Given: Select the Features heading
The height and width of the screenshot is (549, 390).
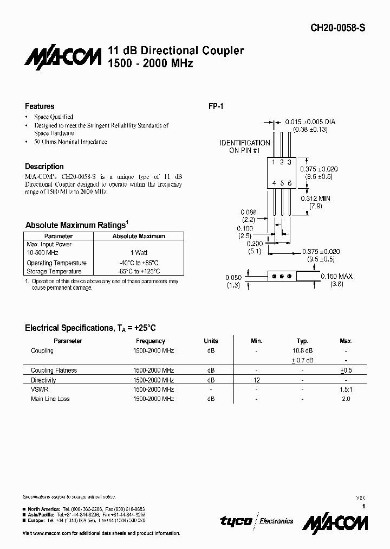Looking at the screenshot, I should [40, 106].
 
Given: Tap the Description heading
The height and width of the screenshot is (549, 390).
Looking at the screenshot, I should [44, 167].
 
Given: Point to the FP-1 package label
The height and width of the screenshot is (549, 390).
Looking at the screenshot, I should [216, 106].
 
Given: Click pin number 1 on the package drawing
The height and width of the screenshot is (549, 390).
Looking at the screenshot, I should [274, 162].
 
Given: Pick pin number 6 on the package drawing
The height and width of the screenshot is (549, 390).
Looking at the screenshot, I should [290, 183].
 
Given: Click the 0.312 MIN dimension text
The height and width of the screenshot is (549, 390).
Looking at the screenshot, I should [315, 198].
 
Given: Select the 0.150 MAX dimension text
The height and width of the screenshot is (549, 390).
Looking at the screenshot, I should [336, 276].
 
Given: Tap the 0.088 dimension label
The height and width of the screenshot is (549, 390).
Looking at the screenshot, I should [249, 213].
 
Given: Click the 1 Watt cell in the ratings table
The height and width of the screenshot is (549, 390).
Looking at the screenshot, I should [139, 253].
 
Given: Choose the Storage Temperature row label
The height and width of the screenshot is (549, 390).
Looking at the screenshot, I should [54, 271].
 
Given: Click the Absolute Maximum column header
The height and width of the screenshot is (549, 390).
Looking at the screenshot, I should [139, 237].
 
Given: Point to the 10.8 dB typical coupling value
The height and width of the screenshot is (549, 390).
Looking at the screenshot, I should [303, 350].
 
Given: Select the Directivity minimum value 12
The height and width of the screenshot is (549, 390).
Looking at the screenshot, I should [257, 380].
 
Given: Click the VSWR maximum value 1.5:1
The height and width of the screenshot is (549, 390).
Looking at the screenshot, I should [346, 390].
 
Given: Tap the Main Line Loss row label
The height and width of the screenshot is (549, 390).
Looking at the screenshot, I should [50, 399].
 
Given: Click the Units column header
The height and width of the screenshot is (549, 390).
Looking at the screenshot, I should [211, 341].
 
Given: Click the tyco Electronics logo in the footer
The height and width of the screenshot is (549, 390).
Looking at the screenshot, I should [256, 521].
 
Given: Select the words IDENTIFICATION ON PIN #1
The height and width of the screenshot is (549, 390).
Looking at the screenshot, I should [244, 146].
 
